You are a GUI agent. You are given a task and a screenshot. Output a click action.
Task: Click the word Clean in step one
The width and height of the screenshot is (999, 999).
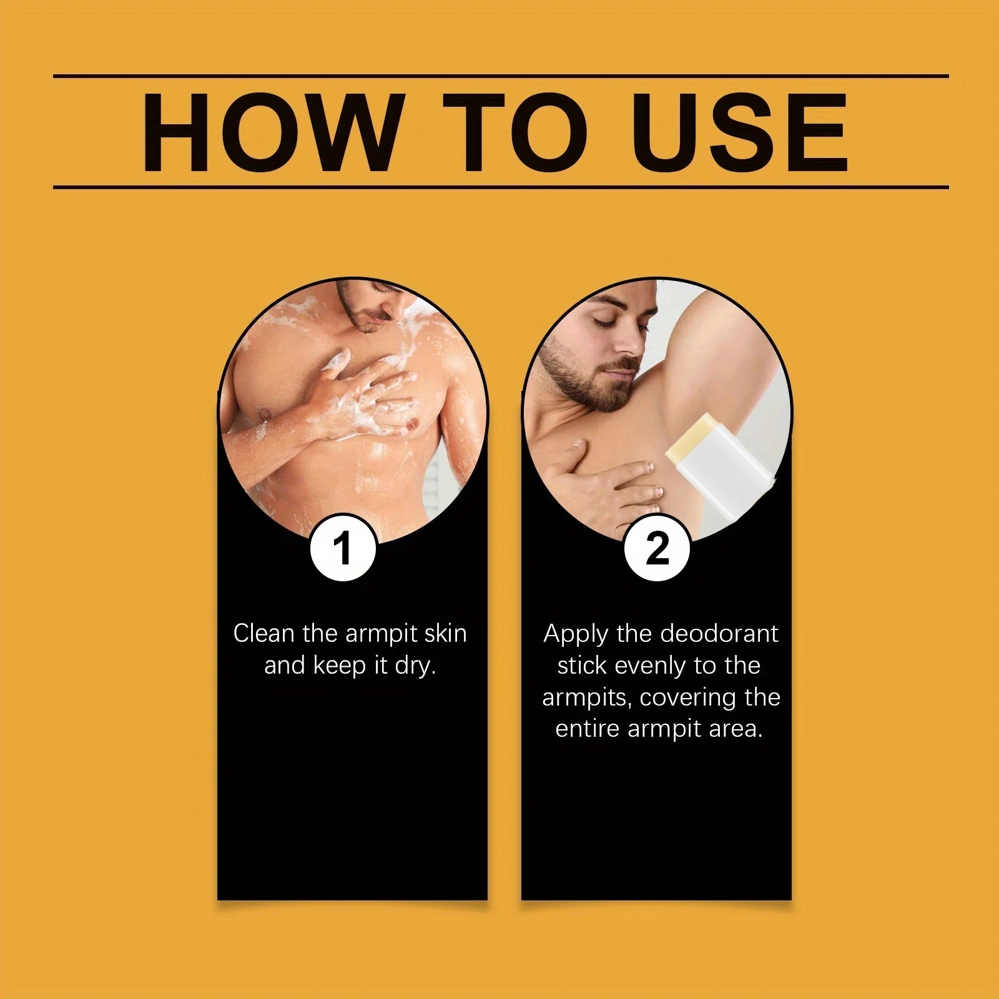[x=264, y=633]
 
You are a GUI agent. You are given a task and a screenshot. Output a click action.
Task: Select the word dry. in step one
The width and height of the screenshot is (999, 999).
[x=415, y=666]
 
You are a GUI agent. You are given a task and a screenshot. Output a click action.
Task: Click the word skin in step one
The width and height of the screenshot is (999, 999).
[x=445, y=633]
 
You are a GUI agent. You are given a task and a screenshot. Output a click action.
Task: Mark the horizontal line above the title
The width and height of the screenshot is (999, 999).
[x=501, y=76]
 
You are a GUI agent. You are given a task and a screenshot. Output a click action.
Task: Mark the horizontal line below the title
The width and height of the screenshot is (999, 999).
[x=501, y=187]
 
